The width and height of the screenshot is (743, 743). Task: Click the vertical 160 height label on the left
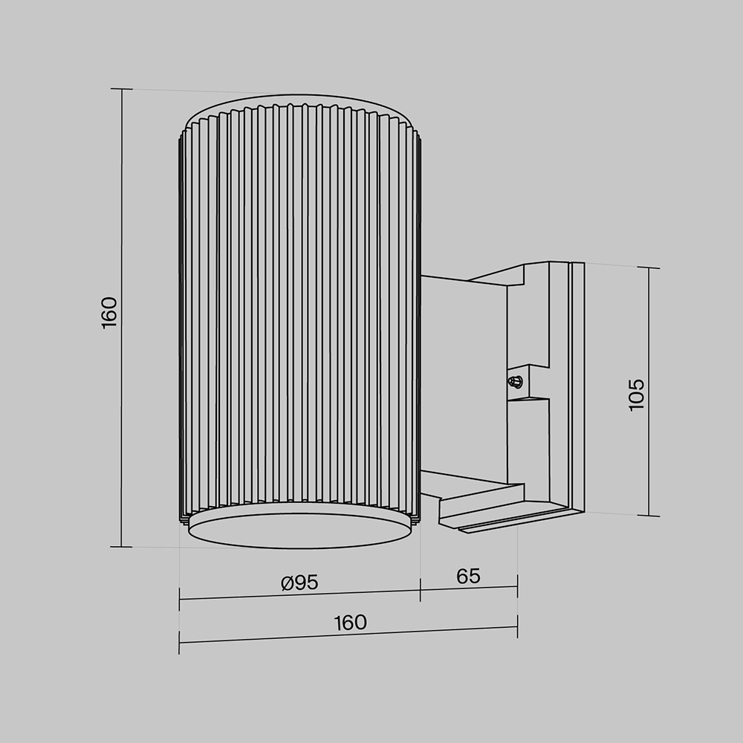tap(109, 313)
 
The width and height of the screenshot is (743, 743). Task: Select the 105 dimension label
tap(637, 395)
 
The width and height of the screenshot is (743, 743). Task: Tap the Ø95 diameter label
tap(300, 583)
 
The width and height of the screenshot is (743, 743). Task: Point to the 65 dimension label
tap(468, 576)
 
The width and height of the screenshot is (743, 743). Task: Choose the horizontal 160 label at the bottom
tap(350, 623)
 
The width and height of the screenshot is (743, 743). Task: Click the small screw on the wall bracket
tap(513, 382)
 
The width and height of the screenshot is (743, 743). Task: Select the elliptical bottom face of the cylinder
tap(299, 527)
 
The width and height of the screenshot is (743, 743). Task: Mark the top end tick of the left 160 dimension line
tap(121, 89)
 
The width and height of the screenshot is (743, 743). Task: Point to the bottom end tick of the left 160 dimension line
tap(121, 547)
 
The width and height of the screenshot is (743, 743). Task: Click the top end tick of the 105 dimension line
tap(649, 268)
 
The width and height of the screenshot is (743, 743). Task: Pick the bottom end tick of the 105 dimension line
tap(649, 515)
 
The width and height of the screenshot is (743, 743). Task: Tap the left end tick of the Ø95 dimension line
tap(180, 599)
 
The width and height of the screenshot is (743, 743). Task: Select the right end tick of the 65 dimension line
tap(517, 586)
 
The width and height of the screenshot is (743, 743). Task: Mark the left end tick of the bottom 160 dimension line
tap(180, 642)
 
